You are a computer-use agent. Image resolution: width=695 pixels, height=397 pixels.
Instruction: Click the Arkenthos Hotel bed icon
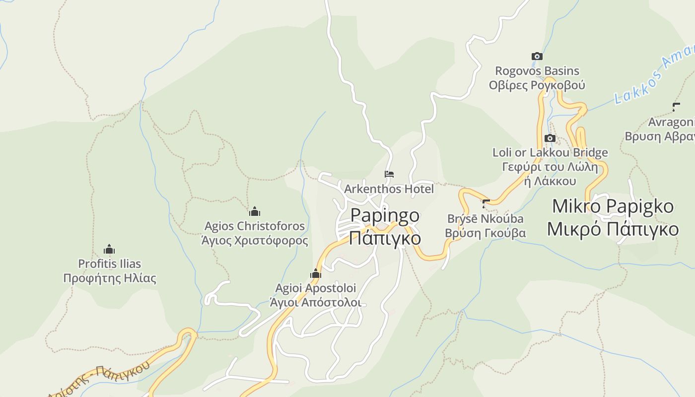click(389, 174)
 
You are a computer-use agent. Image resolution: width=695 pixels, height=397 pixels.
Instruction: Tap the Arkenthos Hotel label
click(389, 189)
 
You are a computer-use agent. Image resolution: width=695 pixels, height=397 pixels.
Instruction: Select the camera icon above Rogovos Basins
click(537, 57)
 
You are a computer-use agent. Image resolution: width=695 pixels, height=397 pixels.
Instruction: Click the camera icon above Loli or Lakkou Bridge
click(550, 138)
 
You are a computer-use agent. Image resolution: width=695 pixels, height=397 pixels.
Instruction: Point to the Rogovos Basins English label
click(537, 71)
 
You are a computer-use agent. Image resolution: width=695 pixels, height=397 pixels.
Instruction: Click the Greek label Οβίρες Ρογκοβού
click(537, 85)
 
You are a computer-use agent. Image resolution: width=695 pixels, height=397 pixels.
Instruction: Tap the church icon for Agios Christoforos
click(255, 211)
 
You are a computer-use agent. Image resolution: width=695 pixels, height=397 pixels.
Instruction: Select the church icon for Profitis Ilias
click(109, 249)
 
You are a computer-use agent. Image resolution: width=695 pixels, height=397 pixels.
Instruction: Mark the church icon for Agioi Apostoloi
click(315, 273)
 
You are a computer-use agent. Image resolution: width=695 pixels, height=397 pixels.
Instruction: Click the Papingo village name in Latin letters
click(385, 215)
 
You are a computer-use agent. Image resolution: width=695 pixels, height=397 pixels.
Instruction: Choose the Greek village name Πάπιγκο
click(385, 238)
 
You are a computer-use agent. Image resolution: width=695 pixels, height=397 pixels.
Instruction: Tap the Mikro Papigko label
click(613, 206)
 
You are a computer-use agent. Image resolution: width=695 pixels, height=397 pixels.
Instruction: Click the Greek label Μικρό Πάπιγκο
click(613, 229)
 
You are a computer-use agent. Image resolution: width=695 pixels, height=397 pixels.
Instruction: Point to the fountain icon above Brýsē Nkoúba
click(486, 203)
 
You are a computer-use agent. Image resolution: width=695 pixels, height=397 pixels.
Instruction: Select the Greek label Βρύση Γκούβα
click(485, 233)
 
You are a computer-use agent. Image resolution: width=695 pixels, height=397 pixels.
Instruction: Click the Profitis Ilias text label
click(109, 264)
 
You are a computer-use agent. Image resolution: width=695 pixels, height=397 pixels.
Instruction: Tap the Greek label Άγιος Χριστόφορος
click(254, 241)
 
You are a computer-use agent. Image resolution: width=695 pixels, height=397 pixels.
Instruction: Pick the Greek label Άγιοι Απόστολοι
click(315, 303)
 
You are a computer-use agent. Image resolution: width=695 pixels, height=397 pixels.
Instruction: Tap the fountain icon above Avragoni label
click(676, 107)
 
